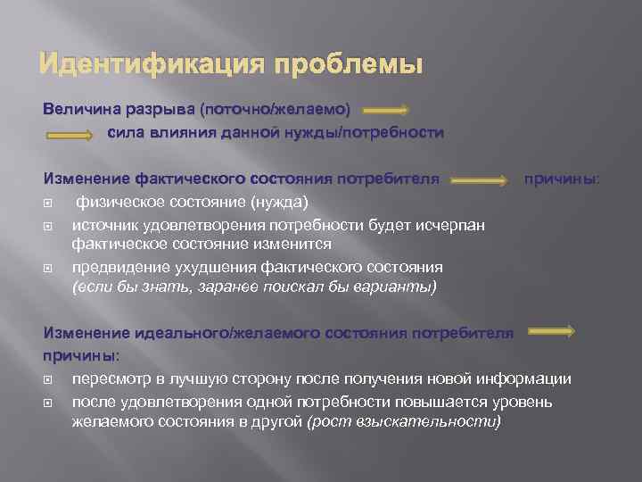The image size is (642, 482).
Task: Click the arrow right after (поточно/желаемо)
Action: point(361,110)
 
